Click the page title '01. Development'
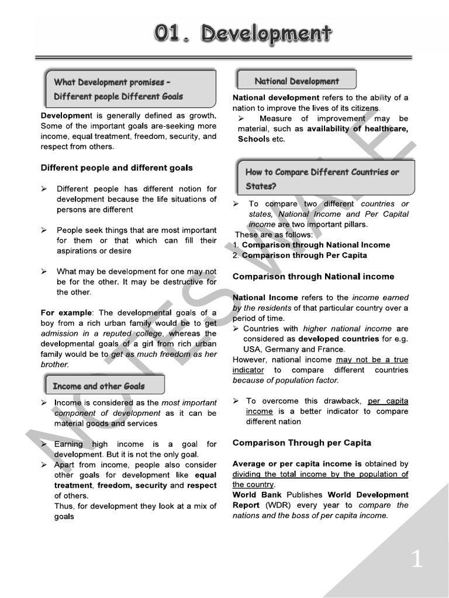[243, 34]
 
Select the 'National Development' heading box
[296, 81]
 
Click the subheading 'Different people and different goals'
[116, 168]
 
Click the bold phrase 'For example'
[64, 312]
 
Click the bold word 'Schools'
[253, 139]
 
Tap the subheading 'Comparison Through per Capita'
[302, 443]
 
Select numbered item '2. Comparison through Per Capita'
[300, 255]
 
